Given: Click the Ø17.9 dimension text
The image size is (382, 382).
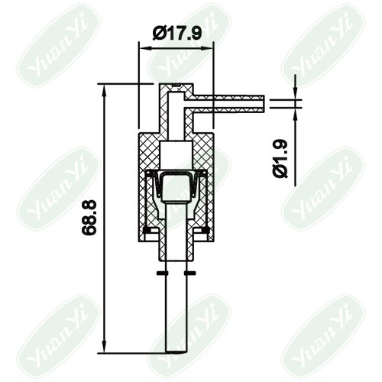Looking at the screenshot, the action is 177,34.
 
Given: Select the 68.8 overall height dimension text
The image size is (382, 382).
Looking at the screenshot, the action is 89,217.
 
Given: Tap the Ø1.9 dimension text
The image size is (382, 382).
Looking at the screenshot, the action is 280,159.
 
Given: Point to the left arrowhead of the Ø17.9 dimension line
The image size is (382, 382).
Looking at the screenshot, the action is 146,47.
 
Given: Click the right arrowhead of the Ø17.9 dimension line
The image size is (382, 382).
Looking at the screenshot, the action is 207,47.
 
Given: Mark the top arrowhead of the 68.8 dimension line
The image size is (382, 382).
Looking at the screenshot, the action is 104,90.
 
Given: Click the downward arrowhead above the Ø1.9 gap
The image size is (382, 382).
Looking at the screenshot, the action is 295,93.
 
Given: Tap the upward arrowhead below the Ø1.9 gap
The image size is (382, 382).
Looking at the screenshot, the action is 295,114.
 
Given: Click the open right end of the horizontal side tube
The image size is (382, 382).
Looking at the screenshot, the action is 264,104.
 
